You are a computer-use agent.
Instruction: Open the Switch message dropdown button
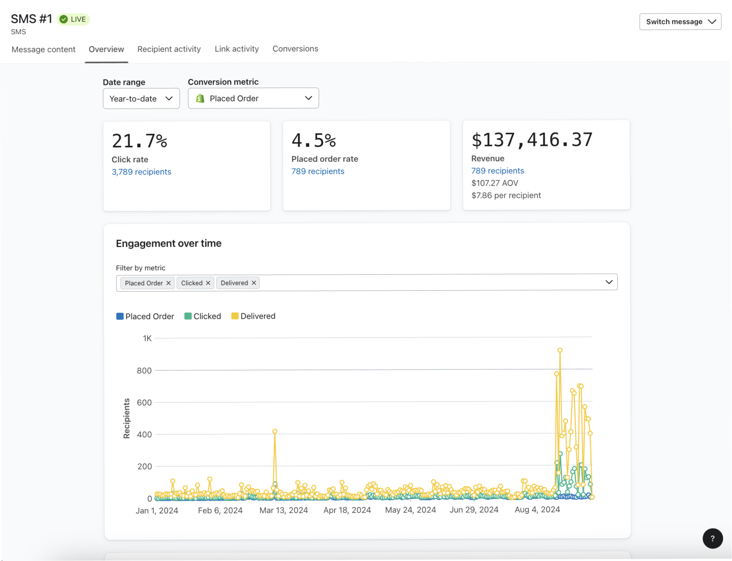coord(680,22)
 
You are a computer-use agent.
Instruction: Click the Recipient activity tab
coord(169,49)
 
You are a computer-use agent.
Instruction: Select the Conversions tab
coord(295,49)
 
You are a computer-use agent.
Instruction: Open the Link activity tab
coord(236,49)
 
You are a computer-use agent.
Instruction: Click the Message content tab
coord(44,49)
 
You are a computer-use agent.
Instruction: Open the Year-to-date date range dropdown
coord(141,99)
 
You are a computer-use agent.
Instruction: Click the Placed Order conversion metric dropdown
coord(253,98)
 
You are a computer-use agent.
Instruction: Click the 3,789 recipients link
coord(141,172)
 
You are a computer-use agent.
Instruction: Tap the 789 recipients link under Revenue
coord(497,171)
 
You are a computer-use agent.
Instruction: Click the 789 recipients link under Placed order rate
coord(318,171)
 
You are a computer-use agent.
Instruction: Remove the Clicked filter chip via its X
coord(208,283)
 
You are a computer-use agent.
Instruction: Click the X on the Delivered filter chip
coord(254,283)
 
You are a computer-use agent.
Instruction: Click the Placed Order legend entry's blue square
coord(120,317)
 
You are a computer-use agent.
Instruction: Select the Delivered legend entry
coord(253,316)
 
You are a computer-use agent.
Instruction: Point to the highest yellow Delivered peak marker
coord(560,350)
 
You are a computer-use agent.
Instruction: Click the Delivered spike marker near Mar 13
coord(275,432)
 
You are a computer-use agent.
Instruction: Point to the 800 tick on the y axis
coord(144,371)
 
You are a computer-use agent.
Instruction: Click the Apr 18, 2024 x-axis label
coord(347,510)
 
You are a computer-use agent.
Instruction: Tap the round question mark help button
coord(712,538)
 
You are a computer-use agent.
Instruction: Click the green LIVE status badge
coord(74,19)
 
